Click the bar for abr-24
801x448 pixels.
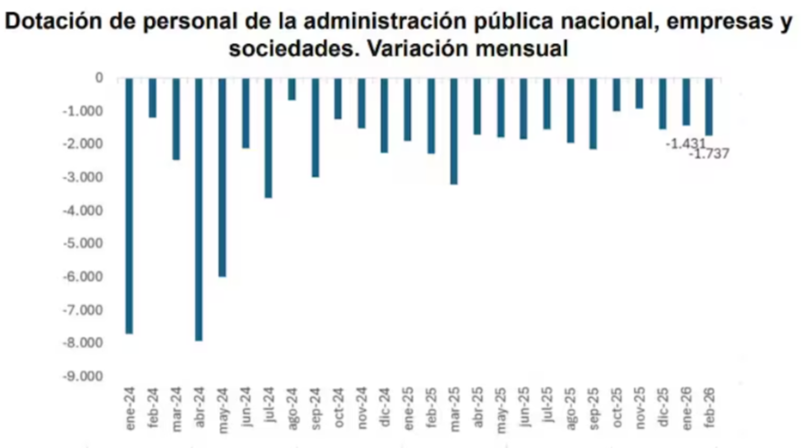pos(199,209)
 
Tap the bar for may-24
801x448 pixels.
pos(222,177)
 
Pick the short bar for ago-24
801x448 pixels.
pos(291,88)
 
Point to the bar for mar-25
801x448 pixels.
pos(454,130)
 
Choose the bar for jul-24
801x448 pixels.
pos(268,138)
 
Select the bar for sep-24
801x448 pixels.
pos(315,127)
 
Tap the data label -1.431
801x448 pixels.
pos(683,143)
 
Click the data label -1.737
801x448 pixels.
pos(708,154)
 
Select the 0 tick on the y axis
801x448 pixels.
pos(99,78)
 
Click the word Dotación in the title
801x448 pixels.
pos(56,22)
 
